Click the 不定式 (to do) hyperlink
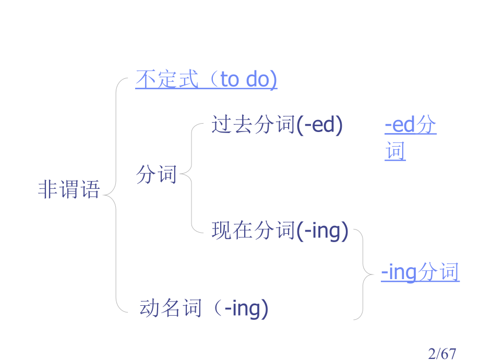click(x=206, y=79)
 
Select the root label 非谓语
click(x=69, y=189)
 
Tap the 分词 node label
click(x=157, y=174)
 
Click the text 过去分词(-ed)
click(x=277, y=125)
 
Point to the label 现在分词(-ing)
click(x=280, y=231)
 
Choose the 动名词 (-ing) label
click(x=204, y=308)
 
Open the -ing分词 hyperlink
click(x=421, y=272)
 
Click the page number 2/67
click(x=442, y=354)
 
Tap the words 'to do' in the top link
click(x=248, y=79)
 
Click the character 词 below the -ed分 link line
click(x=395, y=151)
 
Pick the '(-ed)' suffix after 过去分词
click(x=320, y=125)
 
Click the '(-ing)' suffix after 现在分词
click(x=322, y=231)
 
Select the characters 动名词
click(x=171, y=308)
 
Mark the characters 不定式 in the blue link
click(x=167, y=79)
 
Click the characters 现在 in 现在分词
click(x=232, y=230)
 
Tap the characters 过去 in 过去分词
click(x=232, y=124)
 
